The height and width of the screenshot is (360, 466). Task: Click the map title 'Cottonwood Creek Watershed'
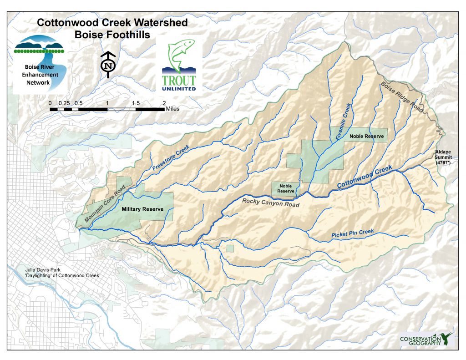(x=112, y=22)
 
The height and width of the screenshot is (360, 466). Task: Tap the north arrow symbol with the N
(x=108, y=65)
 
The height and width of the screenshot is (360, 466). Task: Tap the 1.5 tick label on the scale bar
(x=136, y=103)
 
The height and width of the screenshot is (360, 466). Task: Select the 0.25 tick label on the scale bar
(x=66, y=103)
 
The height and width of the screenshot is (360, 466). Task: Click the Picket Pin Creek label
(x=353, y=233)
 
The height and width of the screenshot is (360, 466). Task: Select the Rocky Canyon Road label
(x=270, y=203)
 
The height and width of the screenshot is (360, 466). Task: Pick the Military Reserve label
(x=142, y=210)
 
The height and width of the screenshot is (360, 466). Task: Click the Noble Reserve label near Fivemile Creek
(x=366, y=136)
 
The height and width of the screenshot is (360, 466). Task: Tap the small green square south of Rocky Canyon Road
(x=230, y=248)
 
